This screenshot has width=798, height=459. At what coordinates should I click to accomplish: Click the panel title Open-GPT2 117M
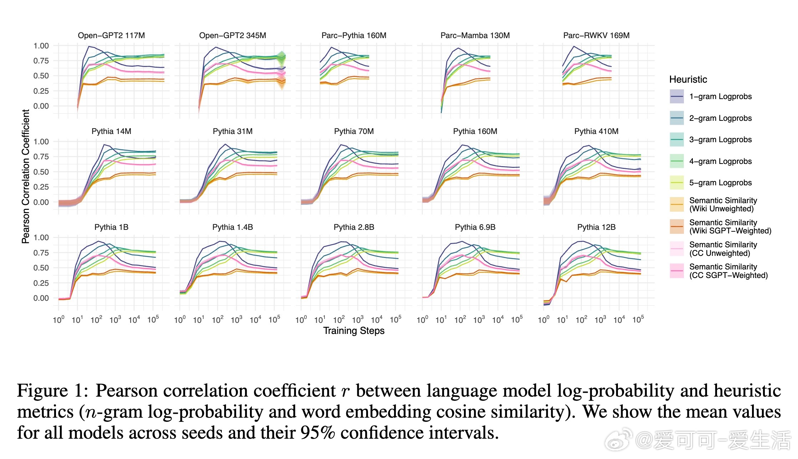click(111, 36)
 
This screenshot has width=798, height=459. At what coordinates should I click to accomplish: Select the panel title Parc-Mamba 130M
click(475, 36)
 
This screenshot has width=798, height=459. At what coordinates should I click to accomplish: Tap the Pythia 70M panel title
click(354, 131)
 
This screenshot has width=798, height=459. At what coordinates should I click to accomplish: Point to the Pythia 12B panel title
click(596, 227)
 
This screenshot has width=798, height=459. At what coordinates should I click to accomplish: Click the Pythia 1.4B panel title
click(232, 227)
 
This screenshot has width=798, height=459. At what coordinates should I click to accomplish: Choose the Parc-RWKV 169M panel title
click(596, 36)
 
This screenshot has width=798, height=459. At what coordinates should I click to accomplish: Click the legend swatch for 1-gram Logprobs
click(676, 97)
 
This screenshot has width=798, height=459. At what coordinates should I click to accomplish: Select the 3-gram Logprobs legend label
click(720, 140)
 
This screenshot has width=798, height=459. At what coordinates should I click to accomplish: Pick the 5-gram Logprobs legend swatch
click(676, 183)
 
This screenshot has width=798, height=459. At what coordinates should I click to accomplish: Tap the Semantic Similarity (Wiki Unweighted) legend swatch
click(676, 205)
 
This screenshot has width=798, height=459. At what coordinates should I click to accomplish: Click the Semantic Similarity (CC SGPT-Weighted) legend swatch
click(676, 271)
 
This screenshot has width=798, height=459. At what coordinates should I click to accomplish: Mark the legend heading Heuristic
click(688, 79)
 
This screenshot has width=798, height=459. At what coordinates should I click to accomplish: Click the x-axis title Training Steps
click(354, 331)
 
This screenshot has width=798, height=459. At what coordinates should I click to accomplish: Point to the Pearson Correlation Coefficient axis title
click(26, 176)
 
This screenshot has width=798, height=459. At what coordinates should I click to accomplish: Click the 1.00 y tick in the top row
click(41, 46)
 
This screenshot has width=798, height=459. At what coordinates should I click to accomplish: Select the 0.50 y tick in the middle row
click(41, 172)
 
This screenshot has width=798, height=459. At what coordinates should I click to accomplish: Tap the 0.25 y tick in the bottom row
click(41, 283)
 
